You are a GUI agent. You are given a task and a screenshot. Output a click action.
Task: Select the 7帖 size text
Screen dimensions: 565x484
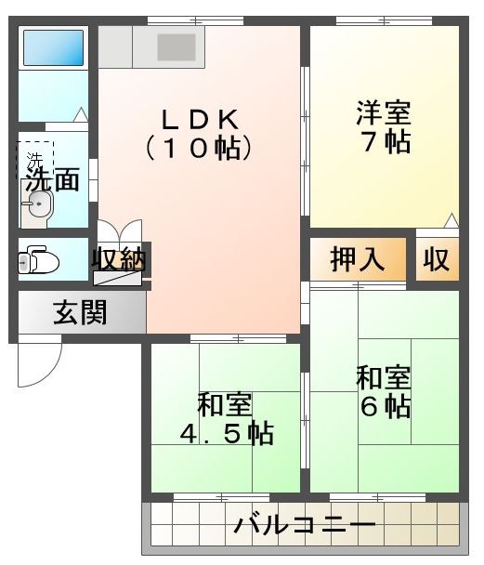point(383,144)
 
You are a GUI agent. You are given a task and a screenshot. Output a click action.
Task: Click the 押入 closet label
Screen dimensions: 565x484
point(358,260)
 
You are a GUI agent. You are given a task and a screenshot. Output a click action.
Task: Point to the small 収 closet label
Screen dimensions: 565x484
point(437,260)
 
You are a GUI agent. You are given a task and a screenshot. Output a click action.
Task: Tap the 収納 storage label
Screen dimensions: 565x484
point(119,260)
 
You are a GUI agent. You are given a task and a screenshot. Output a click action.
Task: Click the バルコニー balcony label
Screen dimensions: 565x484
point(305,527)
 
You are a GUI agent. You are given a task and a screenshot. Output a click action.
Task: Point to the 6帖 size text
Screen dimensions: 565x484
point(385,408)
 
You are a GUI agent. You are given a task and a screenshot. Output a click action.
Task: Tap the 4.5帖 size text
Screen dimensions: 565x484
point(226,434)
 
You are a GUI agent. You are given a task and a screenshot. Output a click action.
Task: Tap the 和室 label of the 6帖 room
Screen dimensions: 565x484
point(385,379)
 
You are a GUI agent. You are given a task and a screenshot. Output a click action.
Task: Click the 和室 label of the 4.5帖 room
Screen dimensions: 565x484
point(225,405)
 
